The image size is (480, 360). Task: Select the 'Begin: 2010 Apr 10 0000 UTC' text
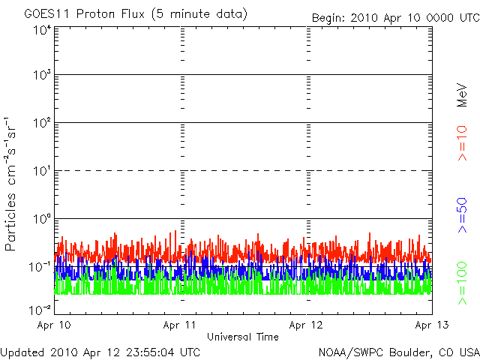pyautogui.click(x=396, y=18)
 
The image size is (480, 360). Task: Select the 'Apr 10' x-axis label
pyautogui.click(x=54, y=325)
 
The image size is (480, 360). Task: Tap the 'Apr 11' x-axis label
pyautogui.click(x=180, y=325)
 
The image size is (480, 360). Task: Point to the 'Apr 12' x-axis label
pyautogui.click(x=306, y=325)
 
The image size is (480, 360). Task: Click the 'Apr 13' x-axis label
pyautogui.click(x=432, y=325)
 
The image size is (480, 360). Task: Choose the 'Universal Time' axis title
pyautogui.click(x=243, y=337)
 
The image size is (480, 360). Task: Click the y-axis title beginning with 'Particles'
pyautogui.click(x=10, y=184)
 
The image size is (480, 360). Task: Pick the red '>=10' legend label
pyautogui.click(x=462, y=143)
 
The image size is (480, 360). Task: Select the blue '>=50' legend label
pyautogui.click(x=462, y=215)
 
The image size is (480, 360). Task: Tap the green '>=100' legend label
pyautogui.click(x=462, y=283)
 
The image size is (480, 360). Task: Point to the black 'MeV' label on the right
pyautogui.click(x=462, y=95)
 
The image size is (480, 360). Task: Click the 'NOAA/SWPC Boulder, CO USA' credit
pyautogui.click(x=399, y=352)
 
